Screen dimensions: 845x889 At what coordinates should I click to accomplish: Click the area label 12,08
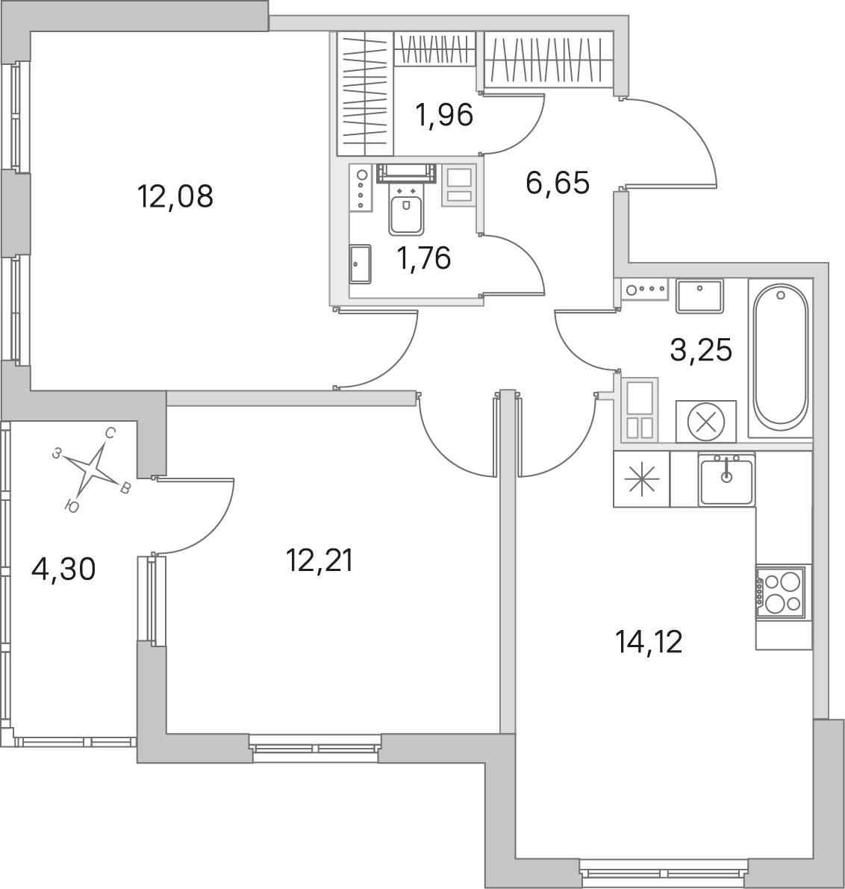175,197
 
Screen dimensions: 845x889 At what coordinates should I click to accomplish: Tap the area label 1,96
444,115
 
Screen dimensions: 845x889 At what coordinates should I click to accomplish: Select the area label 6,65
558,183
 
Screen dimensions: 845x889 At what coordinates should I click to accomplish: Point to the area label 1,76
424,258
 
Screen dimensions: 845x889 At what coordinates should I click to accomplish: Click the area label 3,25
701,350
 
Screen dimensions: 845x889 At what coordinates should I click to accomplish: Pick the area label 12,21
319,561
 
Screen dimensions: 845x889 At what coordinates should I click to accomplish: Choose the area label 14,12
649,643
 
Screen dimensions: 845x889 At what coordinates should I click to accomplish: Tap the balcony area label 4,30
63,570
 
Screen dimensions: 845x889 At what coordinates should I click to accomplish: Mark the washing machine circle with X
706,421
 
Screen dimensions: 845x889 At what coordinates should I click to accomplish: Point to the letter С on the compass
110,434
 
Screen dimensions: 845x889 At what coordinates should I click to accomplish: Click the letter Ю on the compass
72,506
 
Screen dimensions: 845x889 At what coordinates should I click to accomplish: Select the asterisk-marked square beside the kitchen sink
641,479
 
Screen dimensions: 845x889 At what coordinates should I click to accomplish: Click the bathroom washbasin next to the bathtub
699,296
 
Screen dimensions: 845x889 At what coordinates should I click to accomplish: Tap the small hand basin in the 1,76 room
360,264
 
